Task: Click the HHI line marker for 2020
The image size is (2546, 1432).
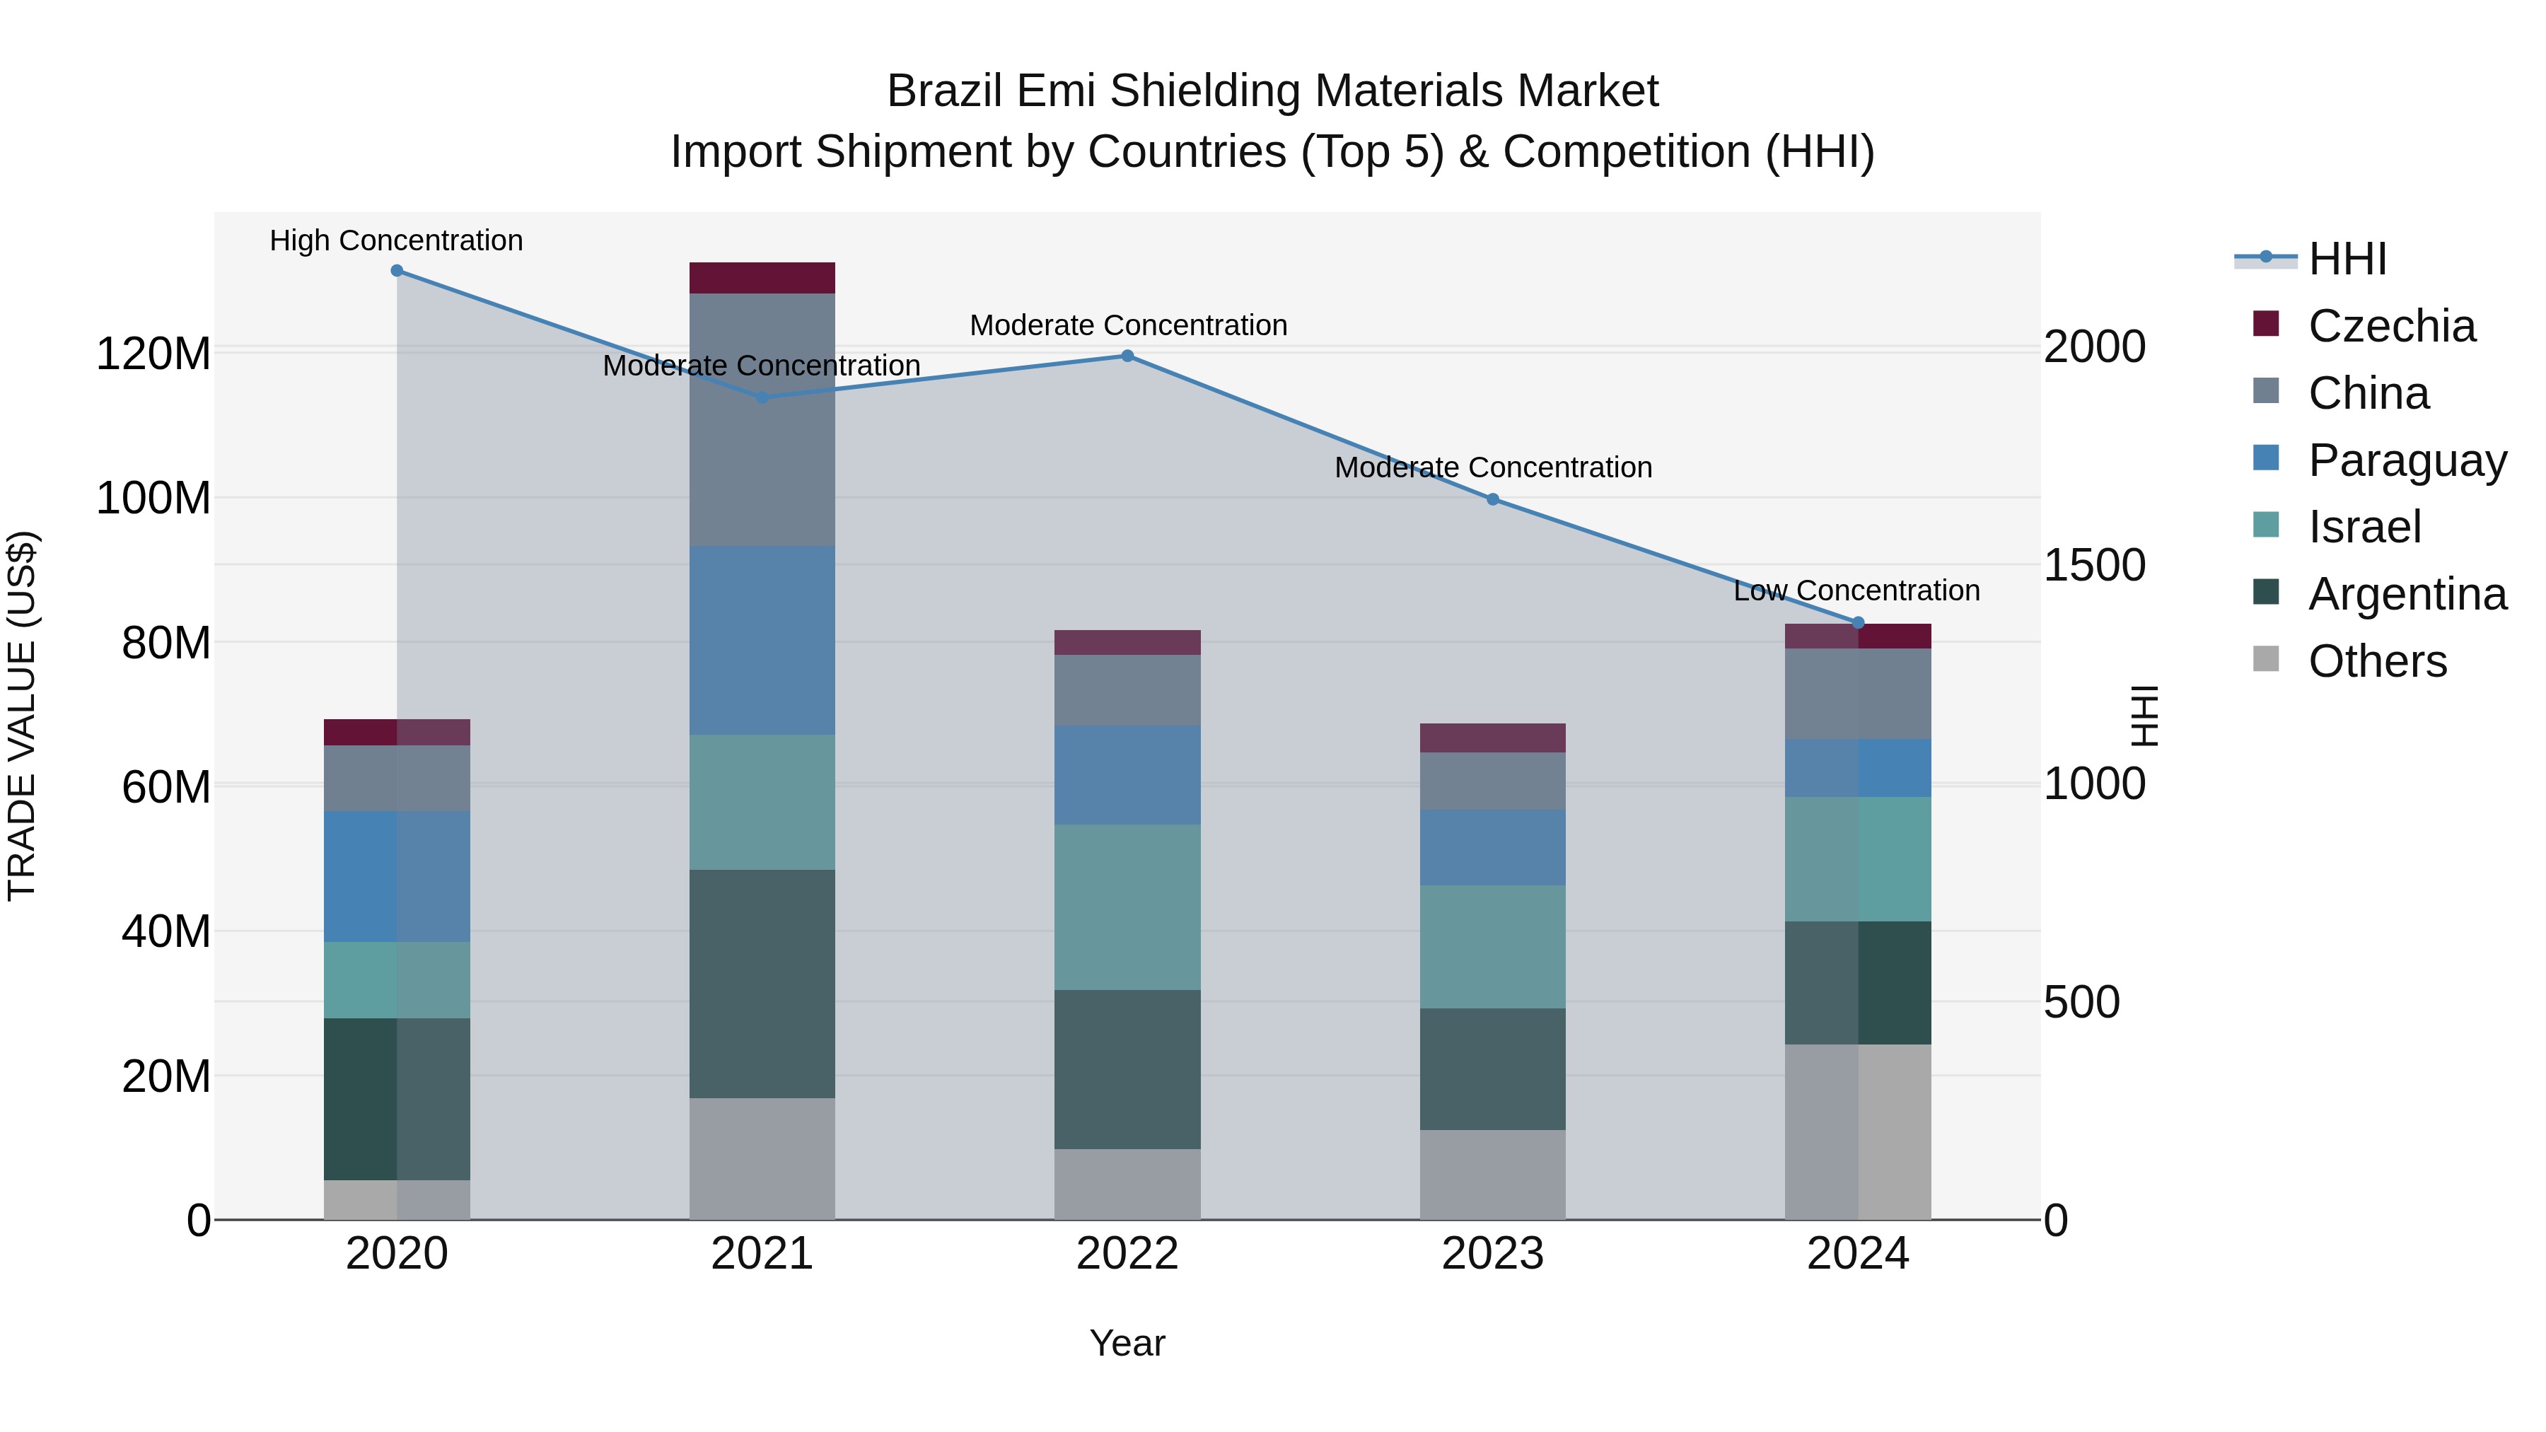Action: [x=396, y=270]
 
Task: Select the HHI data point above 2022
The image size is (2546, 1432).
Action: [x=1127, y=356]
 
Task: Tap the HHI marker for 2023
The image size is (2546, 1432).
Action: [x=1492, y=499]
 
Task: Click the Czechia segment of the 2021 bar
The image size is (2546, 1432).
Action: [x=762, y=278]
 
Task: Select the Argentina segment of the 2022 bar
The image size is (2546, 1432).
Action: [x=1127, y=1069]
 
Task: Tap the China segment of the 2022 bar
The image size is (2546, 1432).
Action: [x=1127, y=689]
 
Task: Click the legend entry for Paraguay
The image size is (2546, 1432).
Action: [x=2406, y=460]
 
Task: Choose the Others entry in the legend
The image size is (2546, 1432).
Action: [x=2376, y=660]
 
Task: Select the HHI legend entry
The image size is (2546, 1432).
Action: [x=2347, y=259]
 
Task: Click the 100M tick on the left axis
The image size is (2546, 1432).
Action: [x=153, y=498]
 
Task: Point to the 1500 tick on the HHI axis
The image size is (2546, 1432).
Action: [x=2093, y=565]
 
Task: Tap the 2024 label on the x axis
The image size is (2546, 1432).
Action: [x=1857, y=1254]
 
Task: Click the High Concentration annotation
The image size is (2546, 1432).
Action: [x=396, y=240]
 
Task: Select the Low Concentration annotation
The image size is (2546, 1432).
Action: [x=1856, y=590]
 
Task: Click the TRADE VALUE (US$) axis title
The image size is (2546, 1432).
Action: [x=23, y=716]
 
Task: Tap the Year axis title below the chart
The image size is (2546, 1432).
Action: [x=1127, y=1343]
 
